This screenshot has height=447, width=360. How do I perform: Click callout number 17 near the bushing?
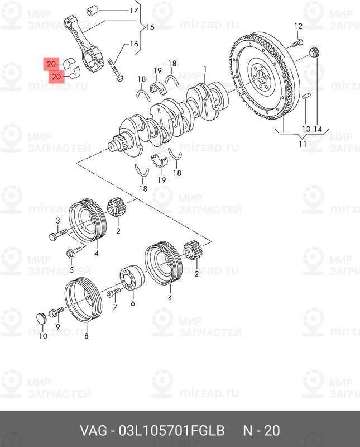point(134,11)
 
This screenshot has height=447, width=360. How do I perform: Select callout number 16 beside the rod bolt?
point(134,44)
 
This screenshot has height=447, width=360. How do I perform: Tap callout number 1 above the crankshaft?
point(205,70)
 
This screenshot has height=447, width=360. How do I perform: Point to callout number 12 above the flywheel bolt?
point(298,26)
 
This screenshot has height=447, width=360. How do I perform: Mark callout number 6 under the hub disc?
point(133,303)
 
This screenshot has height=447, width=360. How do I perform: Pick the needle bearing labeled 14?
point(314,54)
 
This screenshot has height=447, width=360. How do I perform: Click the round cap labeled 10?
point(42,318)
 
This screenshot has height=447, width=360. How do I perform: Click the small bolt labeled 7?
point(114,293)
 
